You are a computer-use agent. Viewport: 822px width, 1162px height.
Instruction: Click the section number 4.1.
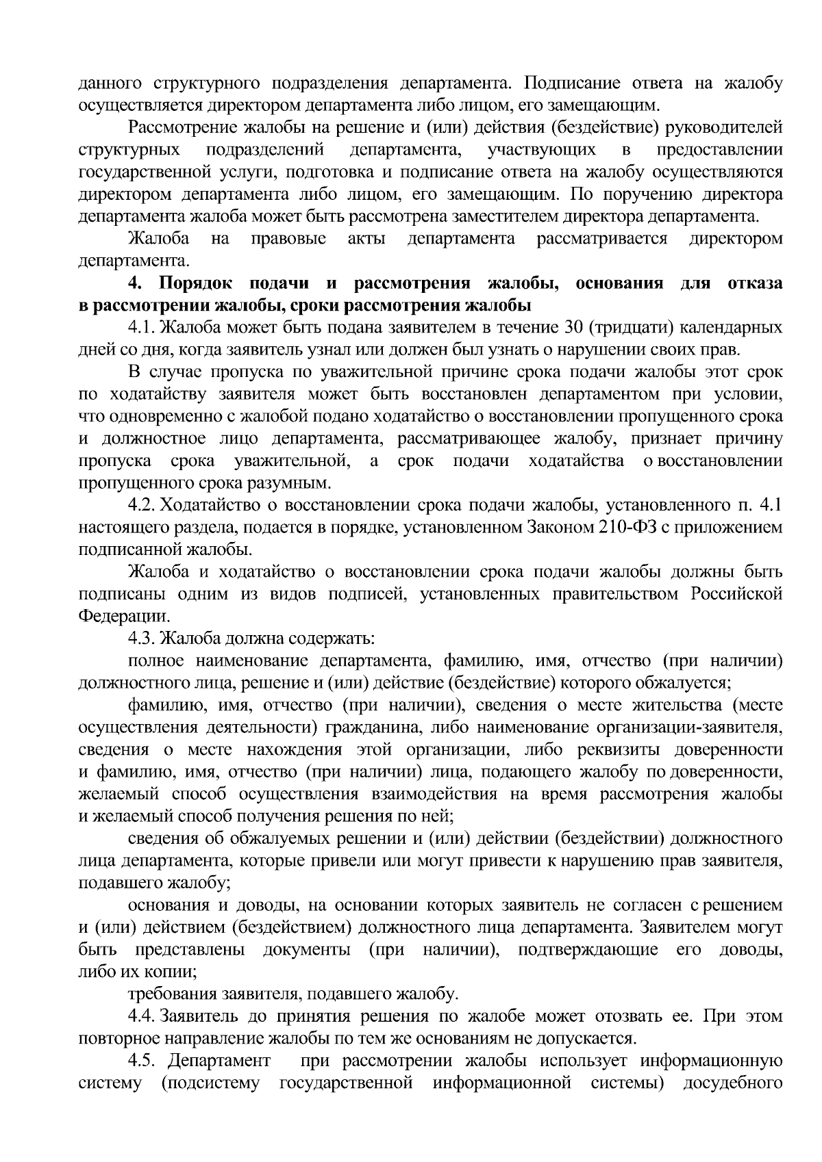tap(141, 328)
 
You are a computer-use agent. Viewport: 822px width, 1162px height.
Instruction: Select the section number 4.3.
tap(141, 639)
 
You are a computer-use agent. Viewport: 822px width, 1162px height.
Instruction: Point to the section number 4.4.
tap(141, 1016)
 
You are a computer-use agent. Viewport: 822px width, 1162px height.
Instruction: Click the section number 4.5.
tap(141, 1061)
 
